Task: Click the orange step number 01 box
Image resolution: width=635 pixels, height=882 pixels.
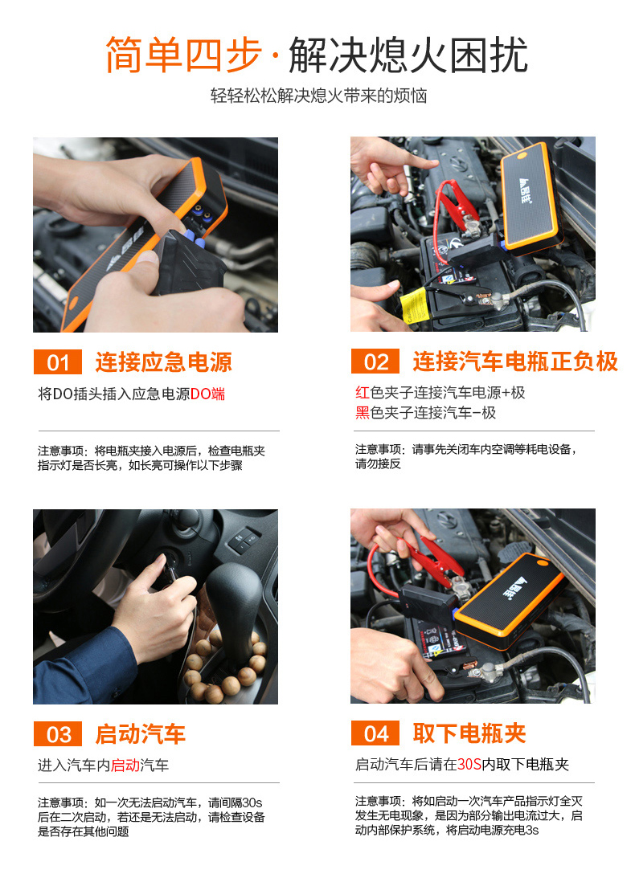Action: (58, 362)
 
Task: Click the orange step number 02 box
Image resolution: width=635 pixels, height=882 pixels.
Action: (375, 362)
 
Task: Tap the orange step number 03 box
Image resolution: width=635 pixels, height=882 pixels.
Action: (58, 734)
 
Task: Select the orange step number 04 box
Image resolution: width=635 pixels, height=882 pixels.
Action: (375, 734)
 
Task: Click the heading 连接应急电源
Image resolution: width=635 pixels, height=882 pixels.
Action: (163, 362)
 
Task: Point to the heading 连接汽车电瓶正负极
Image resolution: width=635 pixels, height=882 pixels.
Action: (514, 362)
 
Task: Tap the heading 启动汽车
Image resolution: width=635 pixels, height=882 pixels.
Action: (140, 734)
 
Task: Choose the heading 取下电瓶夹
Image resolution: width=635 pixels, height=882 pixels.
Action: (469, 733)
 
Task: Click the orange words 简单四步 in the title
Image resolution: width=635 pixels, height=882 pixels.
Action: (184, 55)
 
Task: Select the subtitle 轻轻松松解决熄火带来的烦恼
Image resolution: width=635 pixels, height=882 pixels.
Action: (318, 96)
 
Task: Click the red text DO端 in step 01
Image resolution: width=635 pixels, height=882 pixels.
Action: (207, 394)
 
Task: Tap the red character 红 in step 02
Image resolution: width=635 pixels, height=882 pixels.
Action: (363, 393)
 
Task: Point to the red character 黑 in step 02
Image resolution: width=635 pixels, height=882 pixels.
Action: (363, 413)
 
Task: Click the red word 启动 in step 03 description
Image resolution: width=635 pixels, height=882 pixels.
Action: (125, 765)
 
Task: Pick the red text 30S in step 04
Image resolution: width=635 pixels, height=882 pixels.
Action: (469, 765)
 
